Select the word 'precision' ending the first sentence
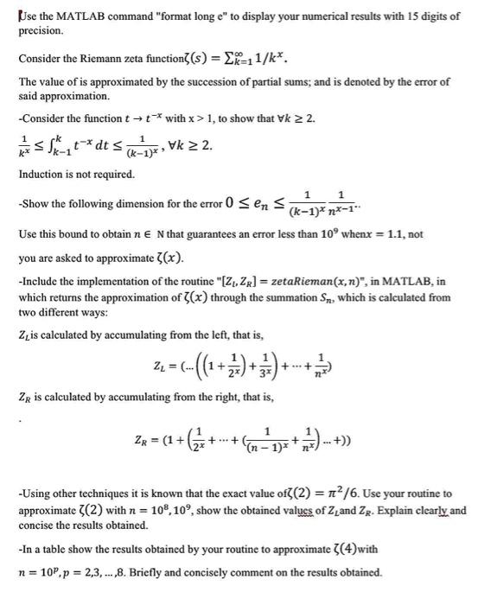pos(41,30)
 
